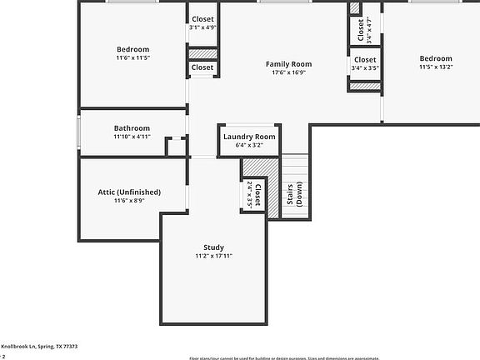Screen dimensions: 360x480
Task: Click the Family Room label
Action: (x=288, y=64)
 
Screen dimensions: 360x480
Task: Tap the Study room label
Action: (x=214, y=247)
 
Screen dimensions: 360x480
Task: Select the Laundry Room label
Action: (x=249, y=136)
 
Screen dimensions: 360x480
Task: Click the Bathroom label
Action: (x=132, y=128)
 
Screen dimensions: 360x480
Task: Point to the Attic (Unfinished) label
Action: (x=129, y=192)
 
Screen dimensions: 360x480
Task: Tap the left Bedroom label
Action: (x=132, y=49)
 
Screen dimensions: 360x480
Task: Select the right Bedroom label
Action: (x=435, y=58)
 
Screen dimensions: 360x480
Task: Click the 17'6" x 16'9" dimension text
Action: (x=288, y=72)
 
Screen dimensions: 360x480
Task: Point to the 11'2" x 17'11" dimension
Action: (x=214, y=256)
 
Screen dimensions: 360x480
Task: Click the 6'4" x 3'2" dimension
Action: (x=249, y=145)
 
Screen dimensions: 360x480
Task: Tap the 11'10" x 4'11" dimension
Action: (x=132, y=137)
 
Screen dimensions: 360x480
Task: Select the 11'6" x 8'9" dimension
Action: (x=129, y=201)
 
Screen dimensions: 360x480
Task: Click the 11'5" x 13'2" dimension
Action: (x=435, y=67)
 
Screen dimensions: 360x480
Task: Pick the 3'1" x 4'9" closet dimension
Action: (x=202, y=27)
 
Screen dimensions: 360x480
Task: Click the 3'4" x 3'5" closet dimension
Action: (x=365, y=68)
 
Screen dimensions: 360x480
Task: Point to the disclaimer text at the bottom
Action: (x=333, y=357)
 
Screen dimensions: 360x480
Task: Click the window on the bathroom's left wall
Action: (x=79, y=132)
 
